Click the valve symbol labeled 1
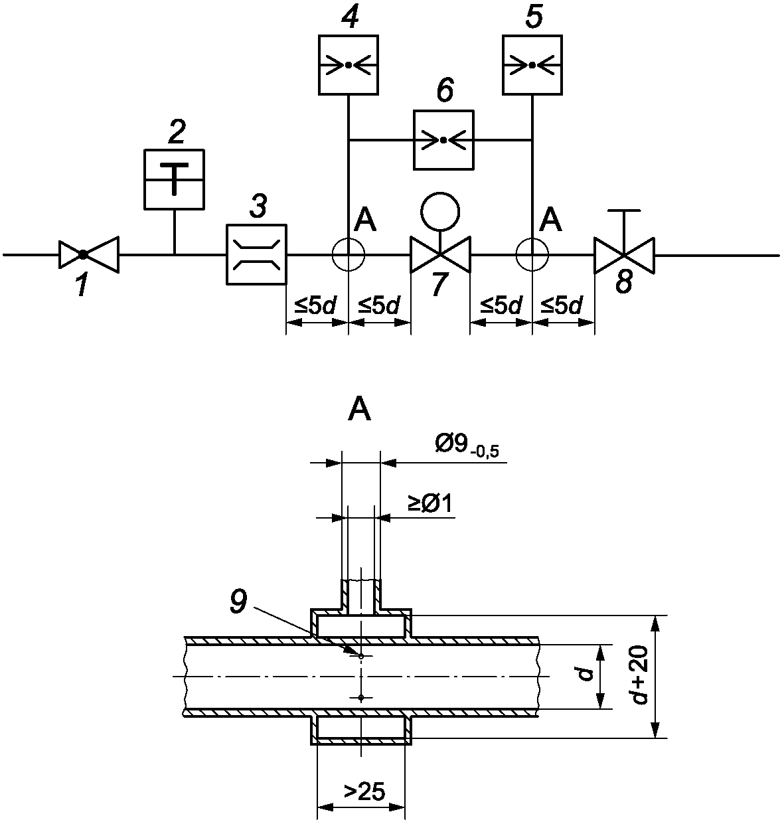[x=89, y=254]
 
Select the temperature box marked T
[x=174, y=179]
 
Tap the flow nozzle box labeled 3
[x=256, y=254]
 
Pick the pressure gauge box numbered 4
[x=349, y=65]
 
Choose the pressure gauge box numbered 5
[x=532, y=65]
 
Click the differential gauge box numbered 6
[x=443, y=140]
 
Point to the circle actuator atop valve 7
[x=440, y=212]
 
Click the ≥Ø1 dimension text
[x=430, y=504]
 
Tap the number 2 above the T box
[x=177, y=132]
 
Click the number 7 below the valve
[x=439, y=284]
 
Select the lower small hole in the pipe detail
[x=361, y=697]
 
